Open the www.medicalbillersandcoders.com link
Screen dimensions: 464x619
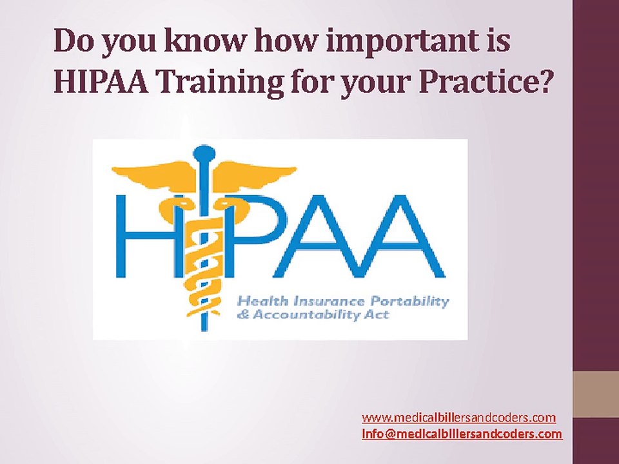pyautogui.click(x=458, y=418)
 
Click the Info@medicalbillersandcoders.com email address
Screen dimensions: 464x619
pyautogui.click(x=461, y=434)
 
